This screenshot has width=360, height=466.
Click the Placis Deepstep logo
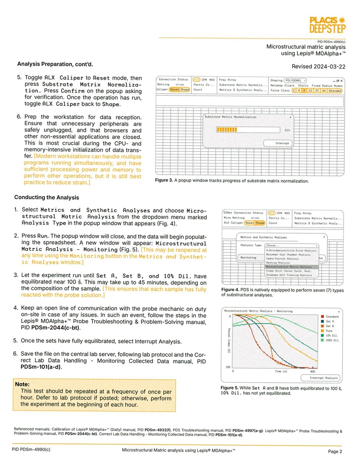click(x=327, y=25)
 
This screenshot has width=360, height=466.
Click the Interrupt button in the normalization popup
click(x=282, y=143)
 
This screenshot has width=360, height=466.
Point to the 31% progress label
click(x=287, y=130)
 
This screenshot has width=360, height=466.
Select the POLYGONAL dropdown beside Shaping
click(x=295, y=80)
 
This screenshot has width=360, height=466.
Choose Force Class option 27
click(x=316, y=91)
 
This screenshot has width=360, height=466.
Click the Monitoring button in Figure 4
click(x=248, y=258)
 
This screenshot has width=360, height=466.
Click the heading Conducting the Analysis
click(x=47, y=197)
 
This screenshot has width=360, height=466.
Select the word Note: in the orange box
click(x=23, y=384)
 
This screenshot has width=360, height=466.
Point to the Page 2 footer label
click(x=334, y=451)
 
